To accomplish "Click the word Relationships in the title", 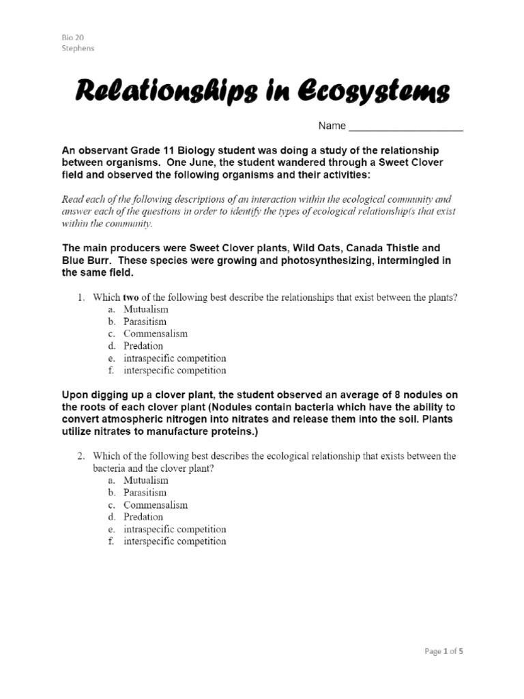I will click(164, 91).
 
